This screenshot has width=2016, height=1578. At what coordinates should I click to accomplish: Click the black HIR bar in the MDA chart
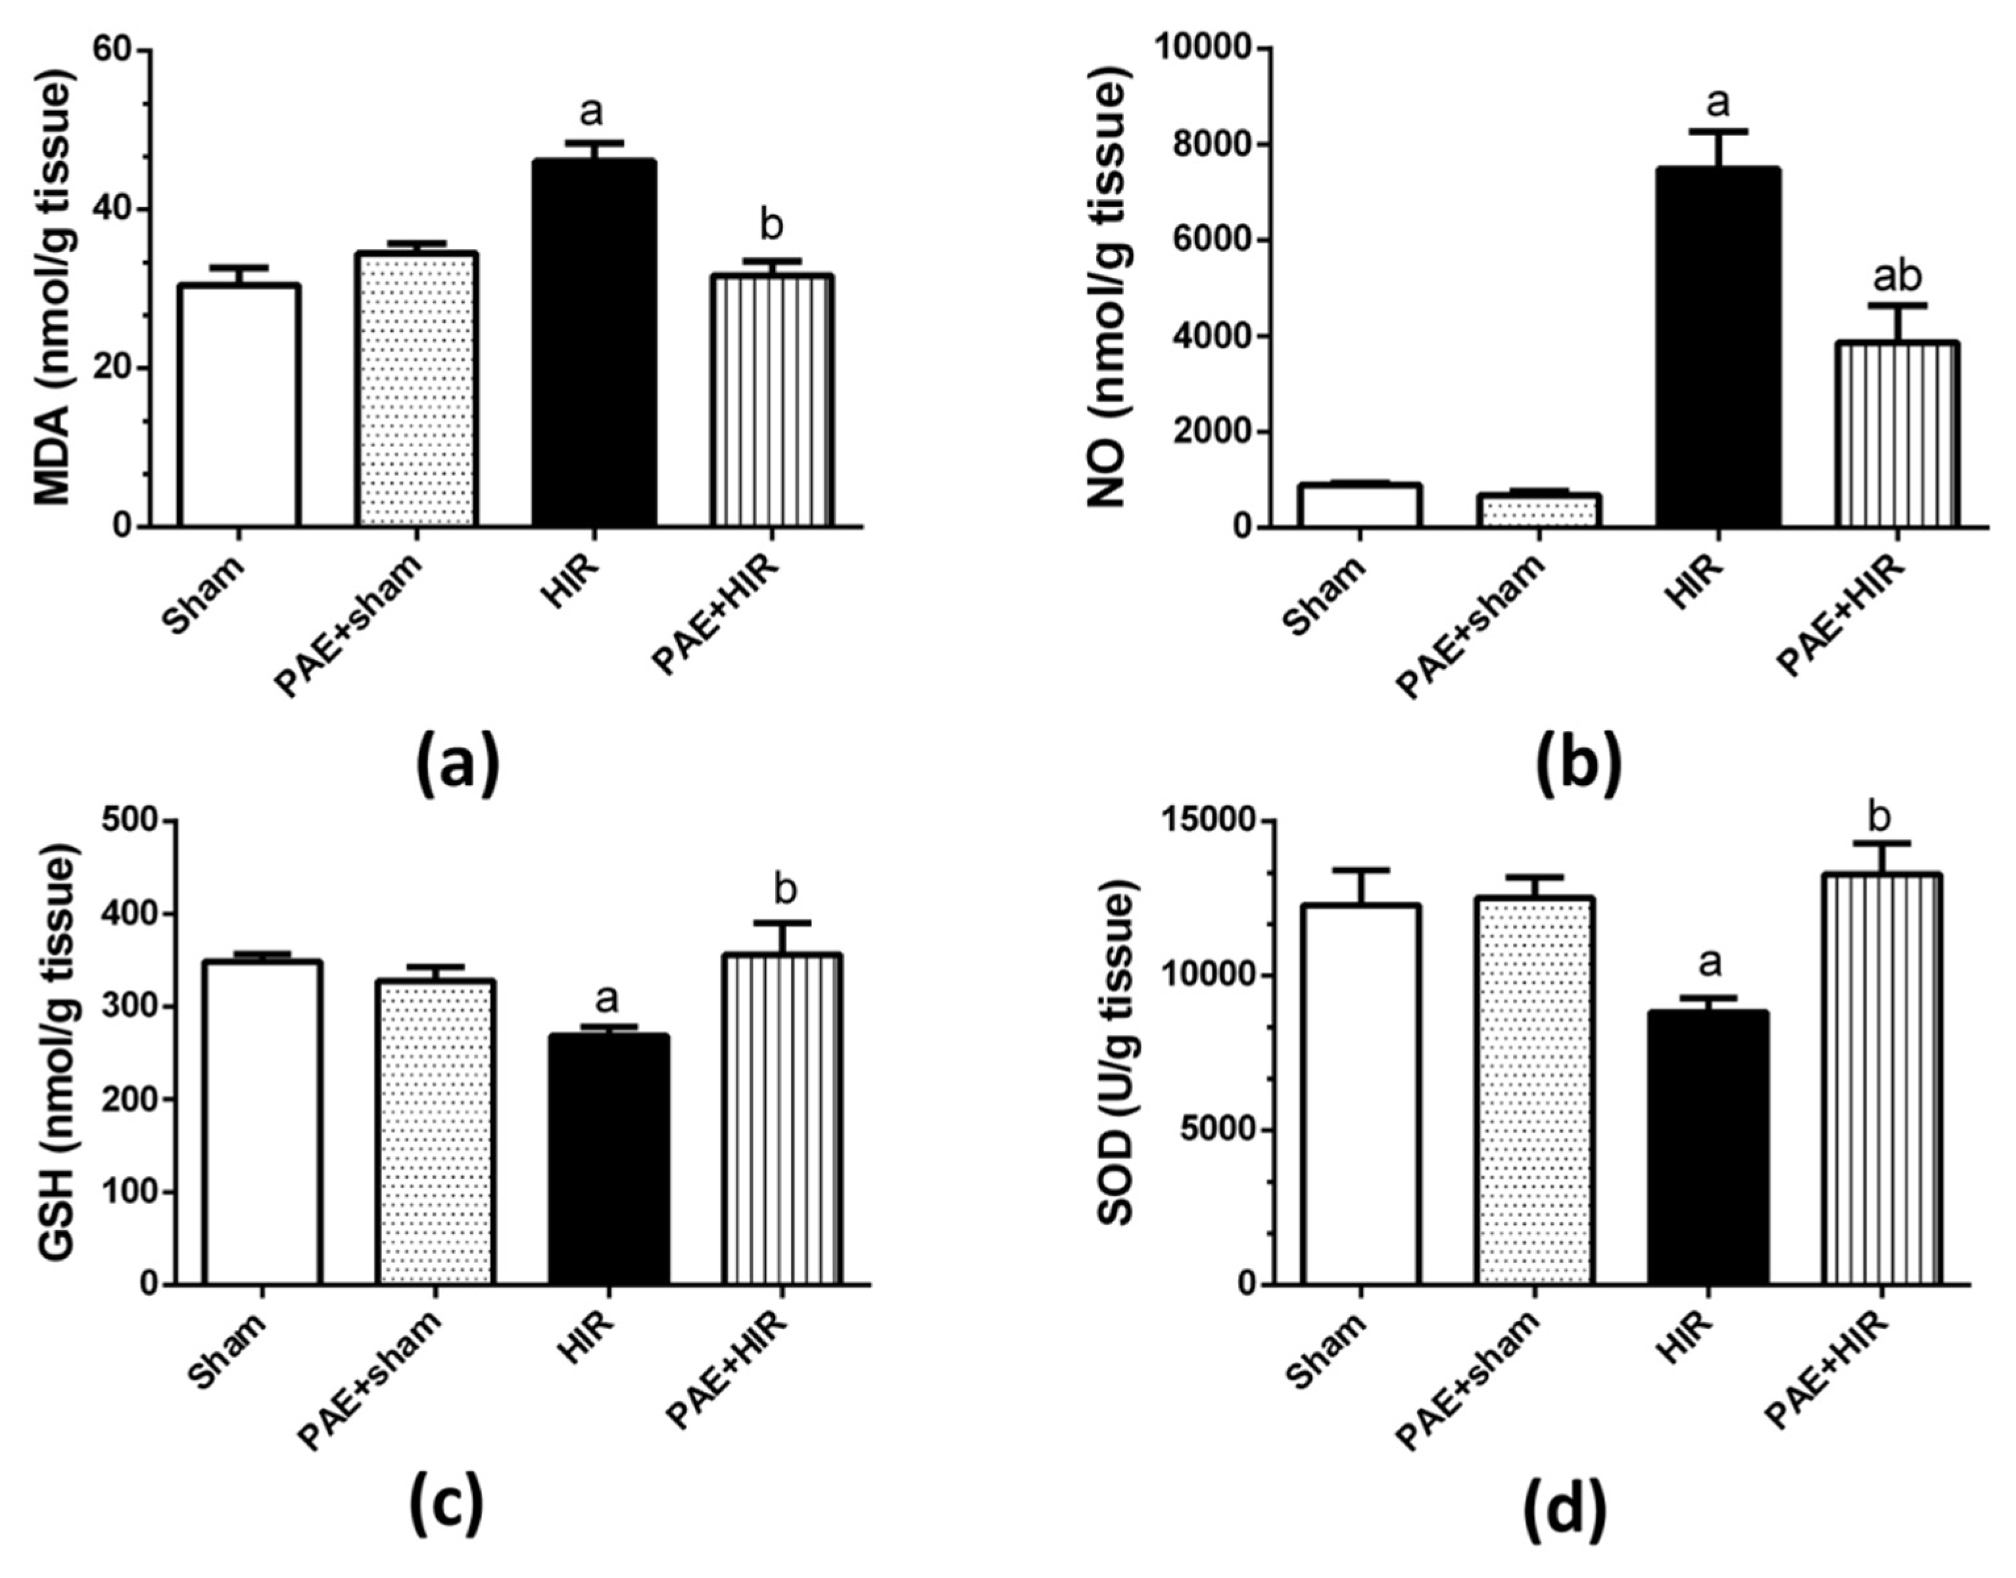594,342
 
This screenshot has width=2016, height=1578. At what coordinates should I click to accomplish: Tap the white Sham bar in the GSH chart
262,1122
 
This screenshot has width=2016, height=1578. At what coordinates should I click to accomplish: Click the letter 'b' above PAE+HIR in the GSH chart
785,890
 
